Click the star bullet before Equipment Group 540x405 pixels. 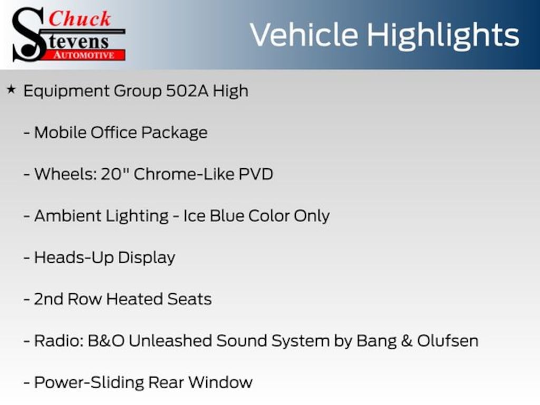click(x=11, y=90)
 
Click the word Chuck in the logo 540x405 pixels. click(x=80, y=18)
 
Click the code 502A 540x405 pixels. click(x=187, y=91)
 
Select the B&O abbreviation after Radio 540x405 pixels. click(x=106, y=341)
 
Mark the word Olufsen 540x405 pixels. click(x=448, y=341)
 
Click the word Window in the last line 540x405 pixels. click(x=220, y=383)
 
